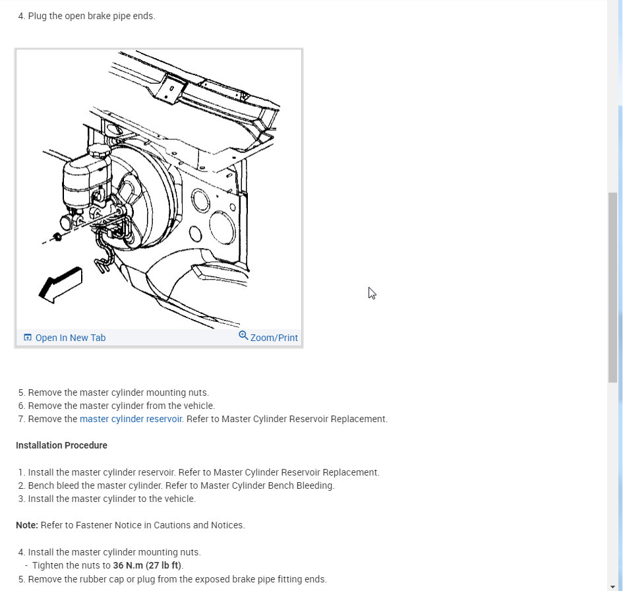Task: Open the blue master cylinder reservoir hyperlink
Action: pos(131,419)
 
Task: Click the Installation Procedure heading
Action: pos(61,445)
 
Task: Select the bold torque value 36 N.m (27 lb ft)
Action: pos(148,565)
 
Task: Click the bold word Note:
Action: pos(27,525)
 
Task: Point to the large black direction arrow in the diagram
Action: pos(61,285)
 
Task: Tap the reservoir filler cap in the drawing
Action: pos(100,150)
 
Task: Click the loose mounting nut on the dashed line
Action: pos(57,237)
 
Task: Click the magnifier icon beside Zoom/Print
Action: pos(243,336)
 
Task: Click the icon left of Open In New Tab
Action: pos(28,338)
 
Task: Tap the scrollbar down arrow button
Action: pos(614,586)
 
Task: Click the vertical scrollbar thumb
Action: pos(614,288)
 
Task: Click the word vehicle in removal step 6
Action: pos(198,406)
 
